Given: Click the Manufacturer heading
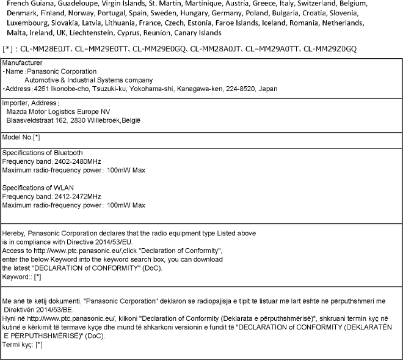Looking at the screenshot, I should tap(23, 63).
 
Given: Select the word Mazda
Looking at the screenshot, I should tap(16, 112).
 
